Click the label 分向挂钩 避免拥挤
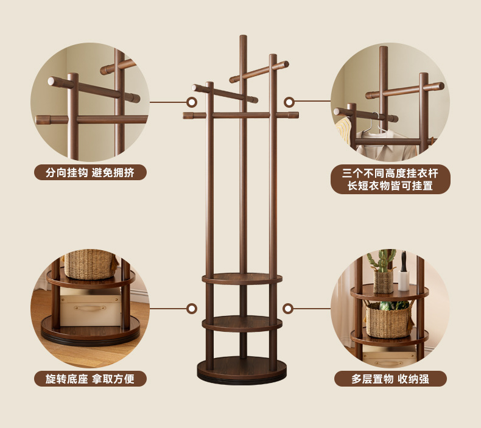coord(90,172)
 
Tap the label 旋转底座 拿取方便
coord(90,379)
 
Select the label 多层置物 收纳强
coord(390,379)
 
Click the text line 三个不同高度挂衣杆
coord(390,173)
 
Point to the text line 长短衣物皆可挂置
coord(390,186)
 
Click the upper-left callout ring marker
coord(192,102)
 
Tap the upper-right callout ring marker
coord(289,102)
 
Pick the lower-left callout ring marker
coord(192,309)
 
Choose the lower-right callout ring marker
coord(289,309)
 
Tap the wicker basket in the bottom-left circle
coord(90,263)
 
